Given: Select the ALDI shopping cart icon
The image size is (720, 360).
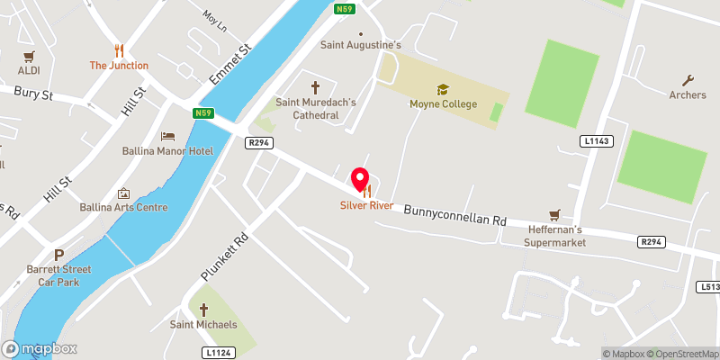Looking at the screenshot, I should tap(29, 56).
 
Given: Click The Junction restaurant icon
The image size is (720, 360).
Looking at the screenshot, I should tap(118, 50).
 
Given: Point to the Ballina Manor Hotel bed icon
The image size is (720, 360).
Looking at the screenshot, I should tap(167, 136).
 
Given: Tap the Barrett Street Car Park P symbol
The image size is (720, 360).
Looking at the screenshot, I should tap(59, 255).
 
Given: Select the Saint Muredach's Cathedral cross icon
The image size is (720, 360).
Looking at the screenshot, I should tap(315, 87).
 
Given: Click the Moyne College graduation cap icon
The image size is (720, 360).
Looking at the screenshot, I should tap(442, 89).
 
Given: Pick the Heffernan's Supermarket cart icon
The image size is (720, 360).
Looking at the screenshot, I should tap(555, 214).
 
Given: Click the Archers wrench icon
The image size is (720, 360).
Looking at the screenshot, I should tap(689, 80).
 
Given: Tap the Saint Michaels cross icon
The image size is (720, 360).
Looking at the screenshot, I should tap(203, 309).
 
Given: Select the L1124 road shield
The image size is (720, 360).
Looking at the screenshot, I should tap(220, 351).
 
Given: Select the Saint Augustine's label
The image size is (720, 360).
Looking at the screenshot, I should tap(361, 44).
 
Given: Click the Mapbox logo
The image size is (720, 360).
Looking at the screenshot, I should tap(40, 348).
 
